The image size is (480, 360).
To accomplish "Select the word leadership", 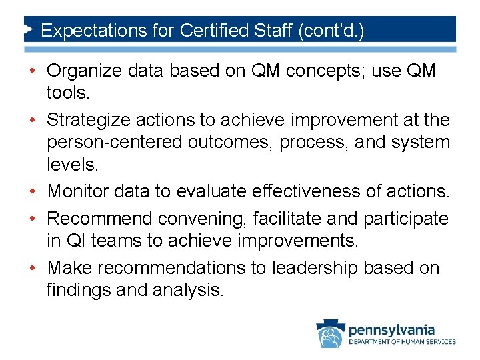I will point(305,267).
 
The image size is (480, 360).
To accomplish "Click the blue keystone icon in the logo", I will point(331,334).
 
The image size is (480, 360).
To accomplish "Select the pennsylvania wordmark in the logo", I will point(391,329).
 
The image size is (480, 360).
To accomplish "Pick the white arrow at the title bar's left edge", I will point(29,30).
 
